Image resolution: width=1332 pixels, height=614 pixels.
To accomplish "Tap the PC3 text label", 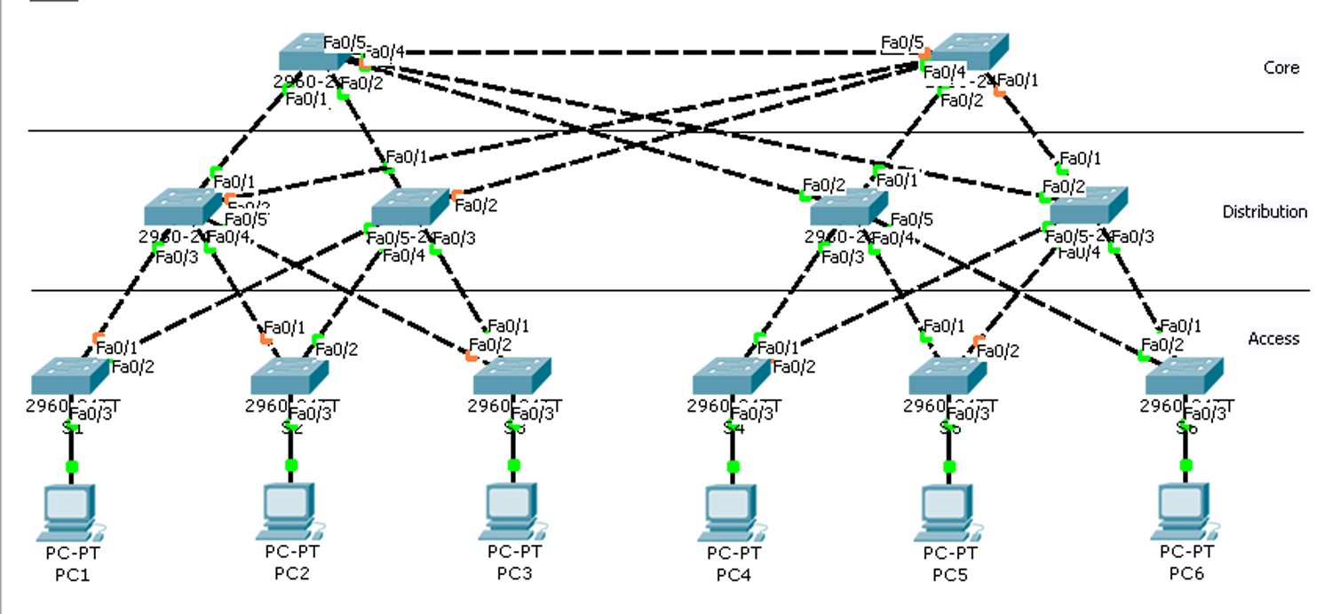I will tap(514, 572).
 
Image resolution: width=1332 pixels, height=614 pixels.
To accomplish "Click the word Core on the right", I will tap(1281, 68).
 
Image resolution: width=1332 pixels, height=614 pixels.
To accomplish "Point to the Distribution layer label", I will tap(1265, 212).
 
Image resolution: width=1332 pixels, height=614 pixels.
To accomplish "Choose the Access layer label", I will tap(1273, 339).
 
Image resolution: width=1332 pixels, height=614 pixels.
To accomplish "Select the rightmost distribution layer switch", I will tap(1089, 205).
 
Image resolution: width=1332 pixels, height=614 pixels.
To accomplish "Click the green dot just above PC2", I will tap(291, 465).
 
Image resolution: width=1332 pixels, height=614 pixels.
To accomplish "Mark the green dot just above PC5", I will tap(949, 466).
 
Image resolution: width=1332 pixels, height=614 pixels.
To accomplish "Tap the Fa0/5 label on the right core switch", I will tap(902, 42).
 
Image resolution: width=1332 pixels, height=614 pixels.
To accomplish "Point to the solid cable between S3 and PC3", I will tap(513, 447).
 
